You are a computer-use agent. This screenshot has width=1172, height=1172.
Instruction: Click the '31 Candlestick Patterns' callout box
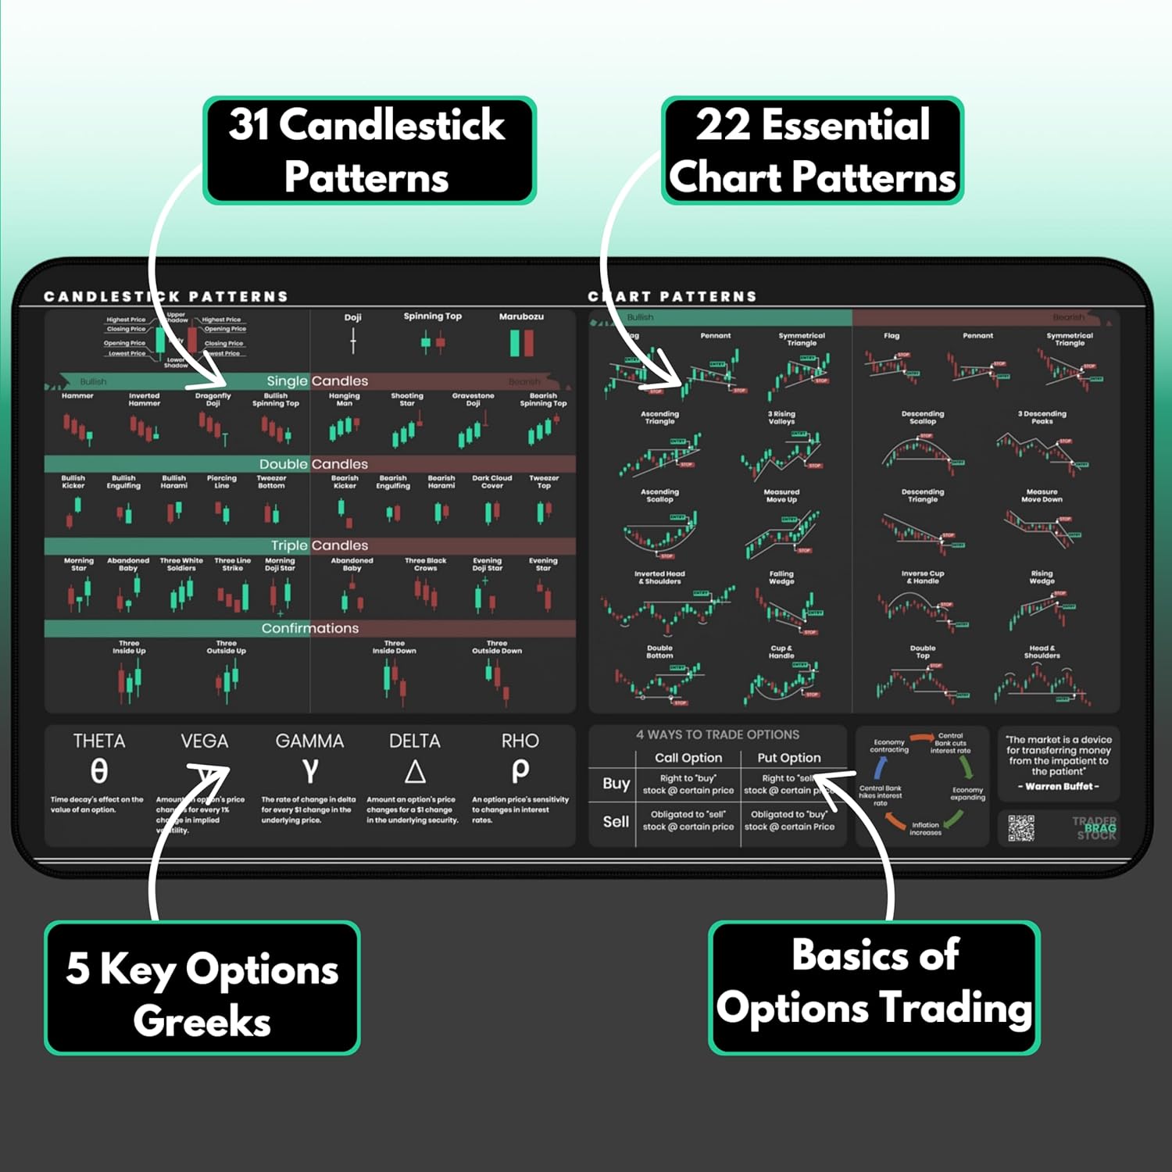[x=368, y=150]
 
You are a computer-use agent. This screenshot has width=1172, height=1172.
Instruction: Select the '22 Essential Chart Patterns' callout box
[x=812, y=150]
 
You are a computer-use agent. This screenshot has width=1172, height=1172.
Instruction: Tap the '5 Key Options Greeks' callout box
[x=202, y=988]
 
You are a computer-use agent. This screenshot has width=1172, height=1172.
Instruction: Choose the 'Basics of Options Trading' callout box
[x=874, y=988]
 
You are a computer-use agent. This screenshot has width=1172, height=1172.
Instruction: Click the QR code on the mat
[x=1020, y=828]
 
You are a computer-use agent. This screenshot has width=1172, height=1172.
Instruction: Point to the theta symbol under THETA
[x=98, y=771]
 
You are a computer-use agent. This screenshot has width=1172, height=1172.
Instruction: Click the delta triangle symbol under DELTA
[x=415, y=772]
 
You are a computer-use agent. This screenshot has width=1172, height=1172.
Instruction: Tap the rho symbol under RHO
[x=520, y=771]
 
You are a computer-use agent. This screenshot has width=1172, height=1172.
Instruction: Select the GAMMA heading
[x=309, y=741]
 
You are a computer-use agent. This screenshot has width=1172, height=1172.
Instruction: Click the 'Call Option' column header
[x=688, y=757]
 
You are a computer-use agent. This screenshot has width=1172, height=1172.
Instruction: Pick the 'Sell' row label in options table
[x=616, y=821]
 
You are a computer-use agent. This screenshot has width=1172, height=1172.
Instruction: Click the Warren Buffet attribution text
[x=1059, y=786]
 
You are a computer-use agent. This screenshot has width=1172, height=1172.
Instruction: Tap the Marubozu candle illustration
[x=521, y=343]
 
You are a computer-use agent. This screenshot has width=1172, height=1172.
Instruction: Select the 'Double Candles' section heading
[x=313, y=464]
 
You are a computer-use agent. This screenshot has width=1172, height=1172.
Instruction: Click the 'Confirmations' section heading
[x=310, y=628]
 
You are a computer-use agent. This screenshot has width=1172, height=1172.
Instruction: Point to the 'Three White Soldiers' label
[x=181, y=564]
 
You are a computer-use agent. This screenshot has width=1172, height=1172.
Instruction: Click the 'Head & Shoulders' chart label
[x=1042, y=652]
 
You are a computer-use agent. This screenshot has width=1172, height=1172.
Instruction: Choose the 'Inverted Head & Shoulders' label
[x=659, y=577]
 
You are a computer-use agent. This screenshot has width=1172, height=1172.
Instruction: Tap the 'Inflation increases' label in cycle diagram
[x=925, y=828]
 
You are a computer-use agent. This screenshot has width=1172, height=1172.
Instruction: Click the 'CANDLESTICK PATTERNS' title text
[x=166, y=297]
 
